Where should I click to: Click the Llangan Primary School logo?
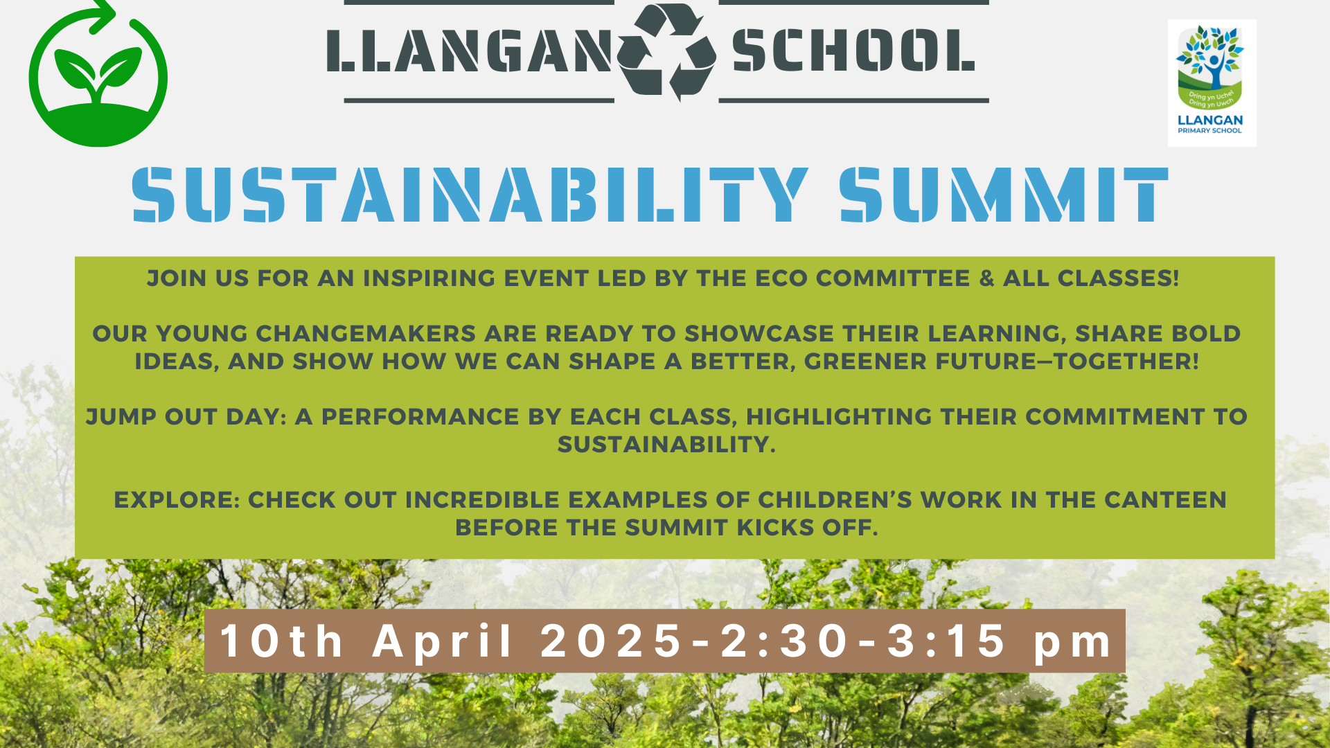1212,82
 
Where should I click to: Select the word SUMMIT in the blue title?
1004,195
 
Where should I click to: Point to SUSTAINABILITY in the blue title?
470,195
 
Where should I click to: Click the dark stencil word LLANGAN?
469,51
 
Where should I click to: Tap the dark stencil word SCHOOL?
853,51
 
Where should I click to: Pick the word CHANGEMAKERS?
366,334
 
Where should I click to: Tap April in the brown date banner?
444,641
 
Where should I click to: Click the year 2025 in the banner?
612,641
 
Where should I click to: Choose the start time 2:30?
784,641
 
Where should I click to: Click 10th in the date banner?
282,641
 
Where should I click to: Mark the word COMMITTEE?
894,278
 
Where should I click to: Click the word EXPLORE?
177,500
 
